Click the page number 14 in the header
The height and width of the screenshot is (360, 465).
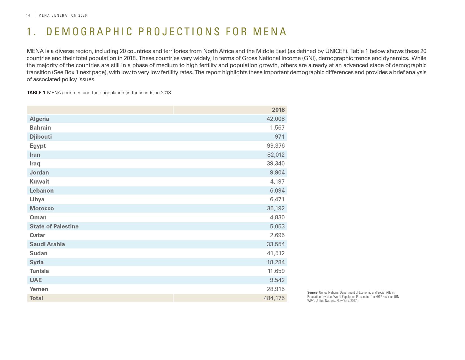[28, 16]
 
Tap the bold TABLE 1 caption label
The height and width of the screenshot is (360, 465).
[36, 93]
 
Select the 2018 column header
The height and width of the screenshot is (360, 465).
[278, 110]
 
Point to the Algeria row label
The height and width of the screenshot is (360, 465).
[39, 119]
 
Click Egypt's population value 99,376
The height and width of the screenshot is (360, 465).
[276, 146]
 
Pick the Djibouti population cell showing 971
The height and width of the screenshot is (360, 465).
[280, 137]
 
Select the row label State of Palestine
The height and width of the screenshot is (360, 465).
[54, 226]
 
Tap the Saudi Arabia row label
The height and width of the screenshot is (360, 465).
[47, 244]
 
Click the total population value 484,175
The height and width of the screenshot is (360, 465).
[274, 298]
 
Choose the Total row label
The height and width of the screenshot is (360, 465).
[36, 298]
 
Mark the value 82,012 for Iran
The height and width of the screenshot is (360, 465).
[276, 155]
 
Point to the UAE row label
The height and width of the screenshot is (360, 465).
[36, 280]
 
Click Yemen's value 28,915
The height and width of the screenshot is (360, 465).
[276, 289]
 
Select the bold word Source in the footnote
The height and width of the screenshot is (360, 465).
[313, 293]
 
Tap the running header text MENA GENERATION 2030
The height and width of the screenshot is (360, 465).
[63, 16]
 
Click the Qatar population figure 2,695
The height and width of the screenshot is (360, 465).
[277, 235]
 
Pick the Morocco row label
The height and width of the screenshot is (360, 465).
[41, 208]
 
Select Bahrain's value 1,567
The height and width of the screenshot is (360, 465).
[277, 128]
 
